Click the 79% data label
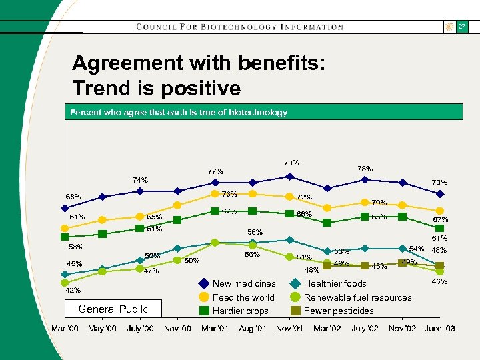coord(291,163)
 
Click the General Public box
coord(113,309)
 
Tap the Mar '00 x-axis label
coord(65,329)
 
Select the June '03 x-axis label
coord(440,329)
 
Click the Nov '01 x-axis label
coord(289,329)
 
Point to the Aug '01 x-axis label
coord(252,329)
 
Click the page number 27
coord(461,27)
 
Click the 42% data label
coord(73,290)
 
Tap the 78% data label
coord(365,169)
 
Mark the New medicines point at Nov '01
coord(289,177)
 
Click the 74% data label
coord(140,180)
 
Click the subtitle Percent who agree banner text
coord(179,112)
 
